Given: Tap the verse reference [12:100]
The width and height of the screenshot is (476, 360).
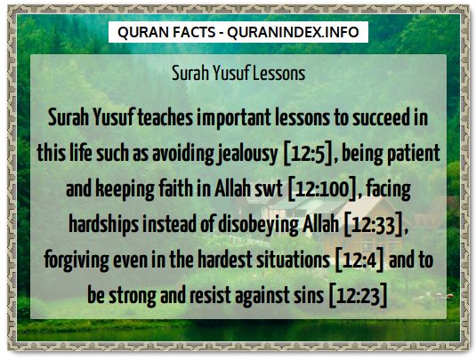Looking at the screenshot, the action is (322, 188).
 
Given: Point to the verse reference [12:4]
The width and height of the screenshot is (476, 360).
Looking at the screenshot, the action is (359, 260).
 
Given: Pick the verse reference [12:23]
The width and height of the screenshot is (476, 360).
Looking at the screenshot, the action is (359, 295).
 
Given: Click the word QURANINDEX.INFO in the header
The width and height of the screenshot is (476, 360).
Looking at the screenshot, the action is (294, 32).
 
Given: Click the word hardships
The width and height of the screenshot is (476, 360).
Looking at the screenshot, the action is (104, 225).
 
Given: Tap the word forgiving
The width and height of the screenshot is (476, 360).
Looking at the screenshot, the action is (77, 260).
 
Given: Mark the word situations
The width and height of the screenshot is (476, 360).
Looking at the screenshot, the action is (293, 260).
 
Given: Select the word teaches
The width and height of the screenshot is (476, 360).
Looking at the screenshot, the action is (165, 118).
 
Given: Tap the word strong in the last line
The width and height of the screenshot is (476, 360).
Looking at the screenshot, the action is (133, 296).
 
